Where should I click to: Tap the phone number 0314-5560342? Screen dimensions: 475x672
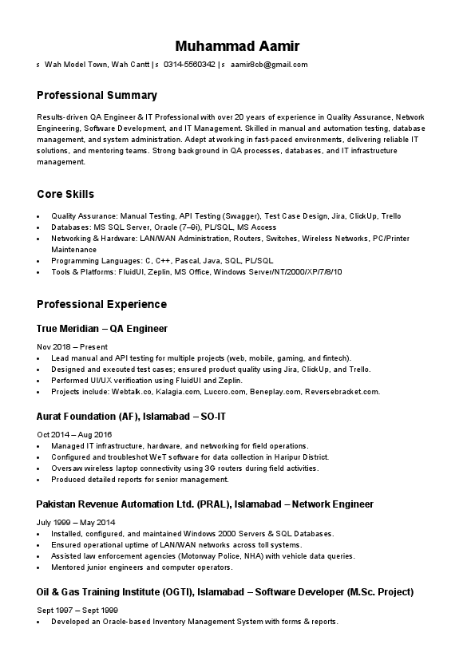pyautogui.click(x=189, y=65)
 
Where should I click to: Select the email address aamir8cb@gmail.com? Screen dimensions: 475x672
pyautogui.click(x=269, y=65)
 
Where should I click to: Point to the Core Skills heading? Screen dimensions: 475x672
pyautogui.click(x=65, y=194)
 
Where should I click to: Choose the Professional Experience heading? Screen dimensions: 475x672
pyautogui.click(x=102, y=304)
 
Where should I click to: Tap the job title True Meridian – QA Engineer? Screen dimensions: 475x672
pyautogui.click(x=102, y=328)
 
